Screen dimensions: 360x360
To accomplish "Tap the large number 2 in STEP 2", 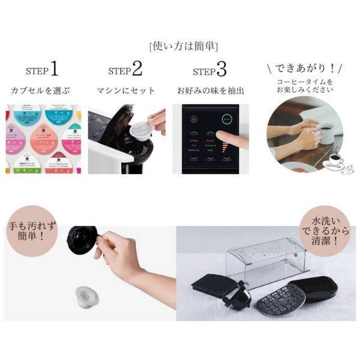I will [137, 70].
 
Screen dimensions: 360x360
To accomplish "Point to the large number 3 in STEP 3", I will [221, 70].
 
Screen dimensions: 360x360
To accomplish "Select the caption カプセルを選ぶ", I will [40, 91].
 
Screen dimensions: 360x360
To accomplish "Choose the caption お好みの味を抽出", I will [210, 91].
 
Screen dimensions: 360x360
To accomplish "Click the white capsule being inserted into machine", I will [139, 127].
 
